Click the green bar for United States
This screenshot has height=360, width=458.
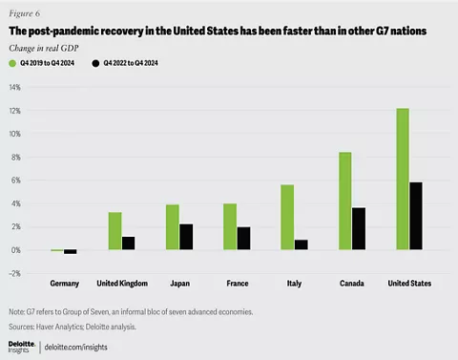click(404, 180)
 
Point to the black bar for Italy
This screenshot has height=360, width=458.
click(302, 244)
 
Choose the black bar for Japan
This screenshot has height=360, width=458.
click(187, 237)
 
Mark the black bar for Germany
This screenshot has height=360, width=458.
click(71, 252)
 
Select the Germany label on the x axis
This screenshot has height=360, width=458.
click(64, 285)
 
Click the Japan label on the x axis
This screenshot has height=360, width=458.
click(179, 285)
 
